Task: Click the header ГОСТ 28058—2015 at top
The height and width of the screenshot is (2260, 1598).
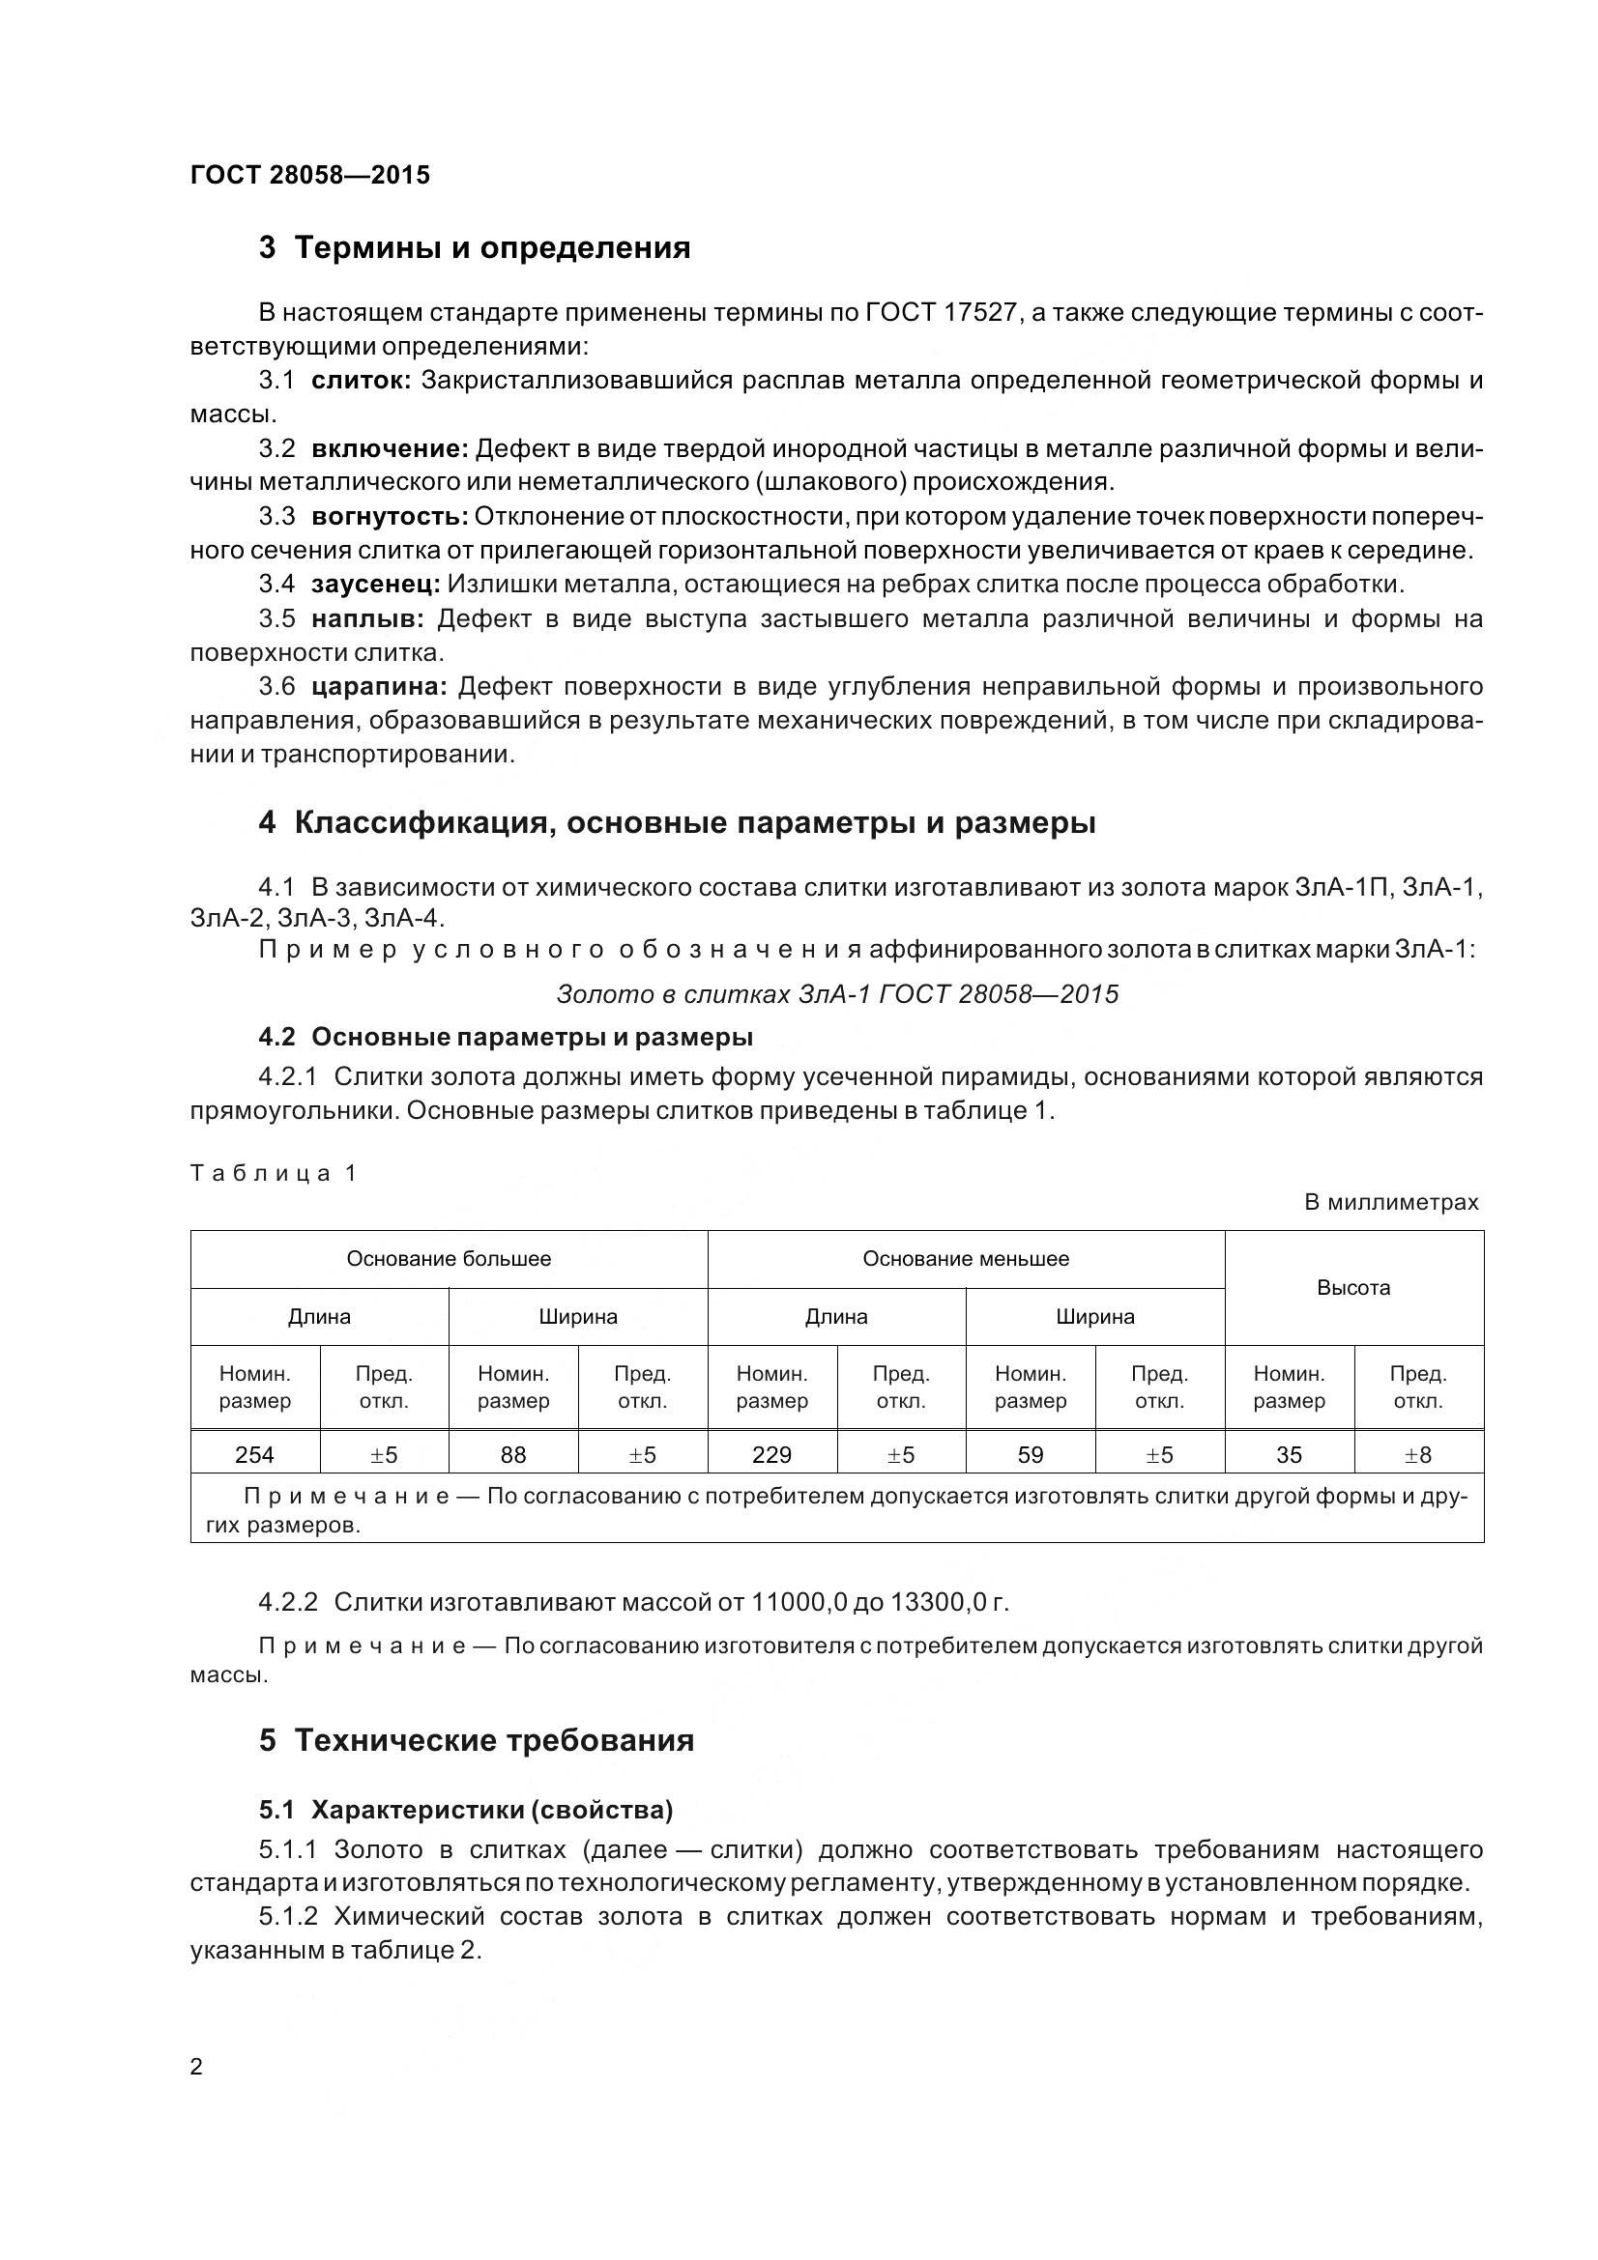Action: (310, 175)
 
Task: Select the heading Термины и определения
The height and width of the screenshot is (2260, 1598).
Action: (475, 248)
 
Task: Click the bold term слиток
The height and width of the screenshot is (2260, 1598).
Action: (361, 381)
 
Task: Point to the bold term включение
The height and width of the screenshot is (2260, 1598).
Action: (389, 449)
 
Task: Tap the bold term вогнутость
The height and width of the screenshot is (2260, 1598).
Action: (389, 517)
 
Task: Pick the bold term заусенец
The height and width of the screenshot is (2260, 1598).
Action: (375, 585)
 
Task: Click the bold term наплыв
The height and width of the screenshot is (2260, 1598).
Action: (367, 619)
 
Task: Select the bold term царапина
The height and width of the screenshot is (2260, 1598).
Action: (379, 686)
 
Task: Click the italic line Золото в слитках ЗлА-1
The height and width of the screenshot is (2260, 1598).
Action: (837, 994)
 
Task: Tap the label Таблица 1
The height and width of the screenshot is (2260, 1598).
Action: (273, 1173)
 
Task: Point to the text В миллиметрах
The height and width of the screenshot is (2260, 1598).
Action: (1390, 1202)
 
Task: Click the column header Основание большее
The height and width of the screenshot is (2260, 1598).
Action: (448, 1259)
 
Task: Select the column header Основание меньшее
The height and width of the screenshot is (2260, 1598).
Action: (965, 1259)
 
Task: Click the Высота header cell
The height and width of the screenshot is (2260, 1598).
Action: (1352, 1287)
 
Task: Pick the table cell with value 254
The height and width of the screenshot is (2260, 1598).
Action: (255, 1455)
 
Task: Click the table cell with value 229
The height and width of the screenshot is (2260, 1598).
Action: (771, 1455)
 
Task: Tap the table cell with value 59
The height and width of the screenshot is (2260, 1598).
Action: (1030, 1455)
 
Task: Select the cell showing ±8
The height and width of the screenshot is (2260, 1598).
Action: (1418, 1455)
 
